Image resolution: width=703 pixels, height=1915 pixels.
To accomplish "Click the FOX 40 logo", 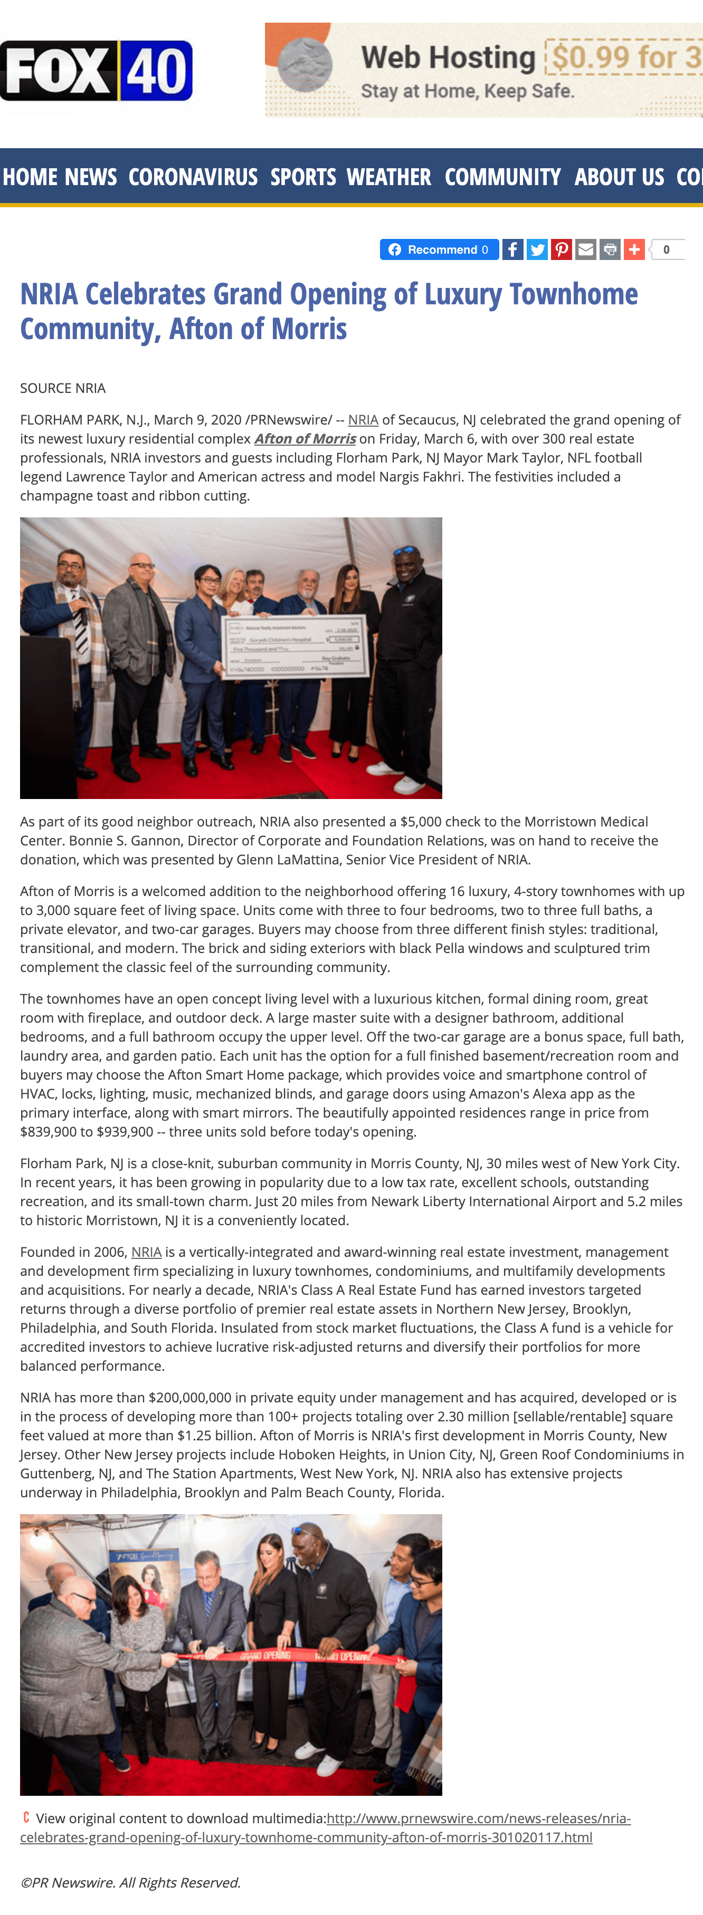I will [x=97, y=71].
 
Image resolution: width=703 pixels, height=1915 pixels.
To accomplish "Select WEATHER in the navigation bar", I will [x=388, y=177].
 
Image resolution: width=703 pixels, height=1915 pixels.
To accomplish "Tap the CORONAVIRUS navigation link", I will [x=193, y=177].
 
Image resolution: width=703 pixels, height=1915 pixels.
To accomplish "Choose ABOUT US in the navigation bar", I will [x=619, y=177].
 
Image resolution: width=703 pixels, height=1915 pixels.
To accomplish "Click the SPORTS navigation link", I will [x=303, y=177].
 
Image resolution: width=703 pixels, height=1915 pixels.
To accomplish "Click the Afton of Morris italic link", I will [x=305, y=439].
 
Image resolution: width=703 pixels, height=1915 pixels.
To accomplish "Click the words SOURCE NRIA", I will [x=62, y=388].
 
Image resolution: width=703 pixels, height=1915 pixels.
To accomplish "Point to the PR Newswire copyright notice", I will [x=130, y=1882].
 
